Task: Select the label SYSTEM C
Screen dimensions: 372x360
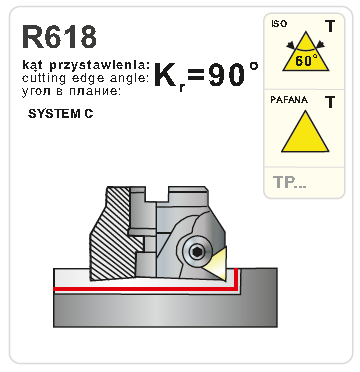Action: tap(62, 116)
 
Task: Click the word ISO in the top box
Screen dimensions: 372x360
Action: tap(280, 24)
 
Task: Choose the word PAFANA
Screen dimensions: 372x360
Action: tap(288, 100)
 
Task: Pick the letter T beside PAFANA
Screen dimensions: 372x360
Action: tap(329, 101)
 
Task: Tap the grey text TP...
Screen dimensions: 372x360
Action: tap(290, 183)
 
